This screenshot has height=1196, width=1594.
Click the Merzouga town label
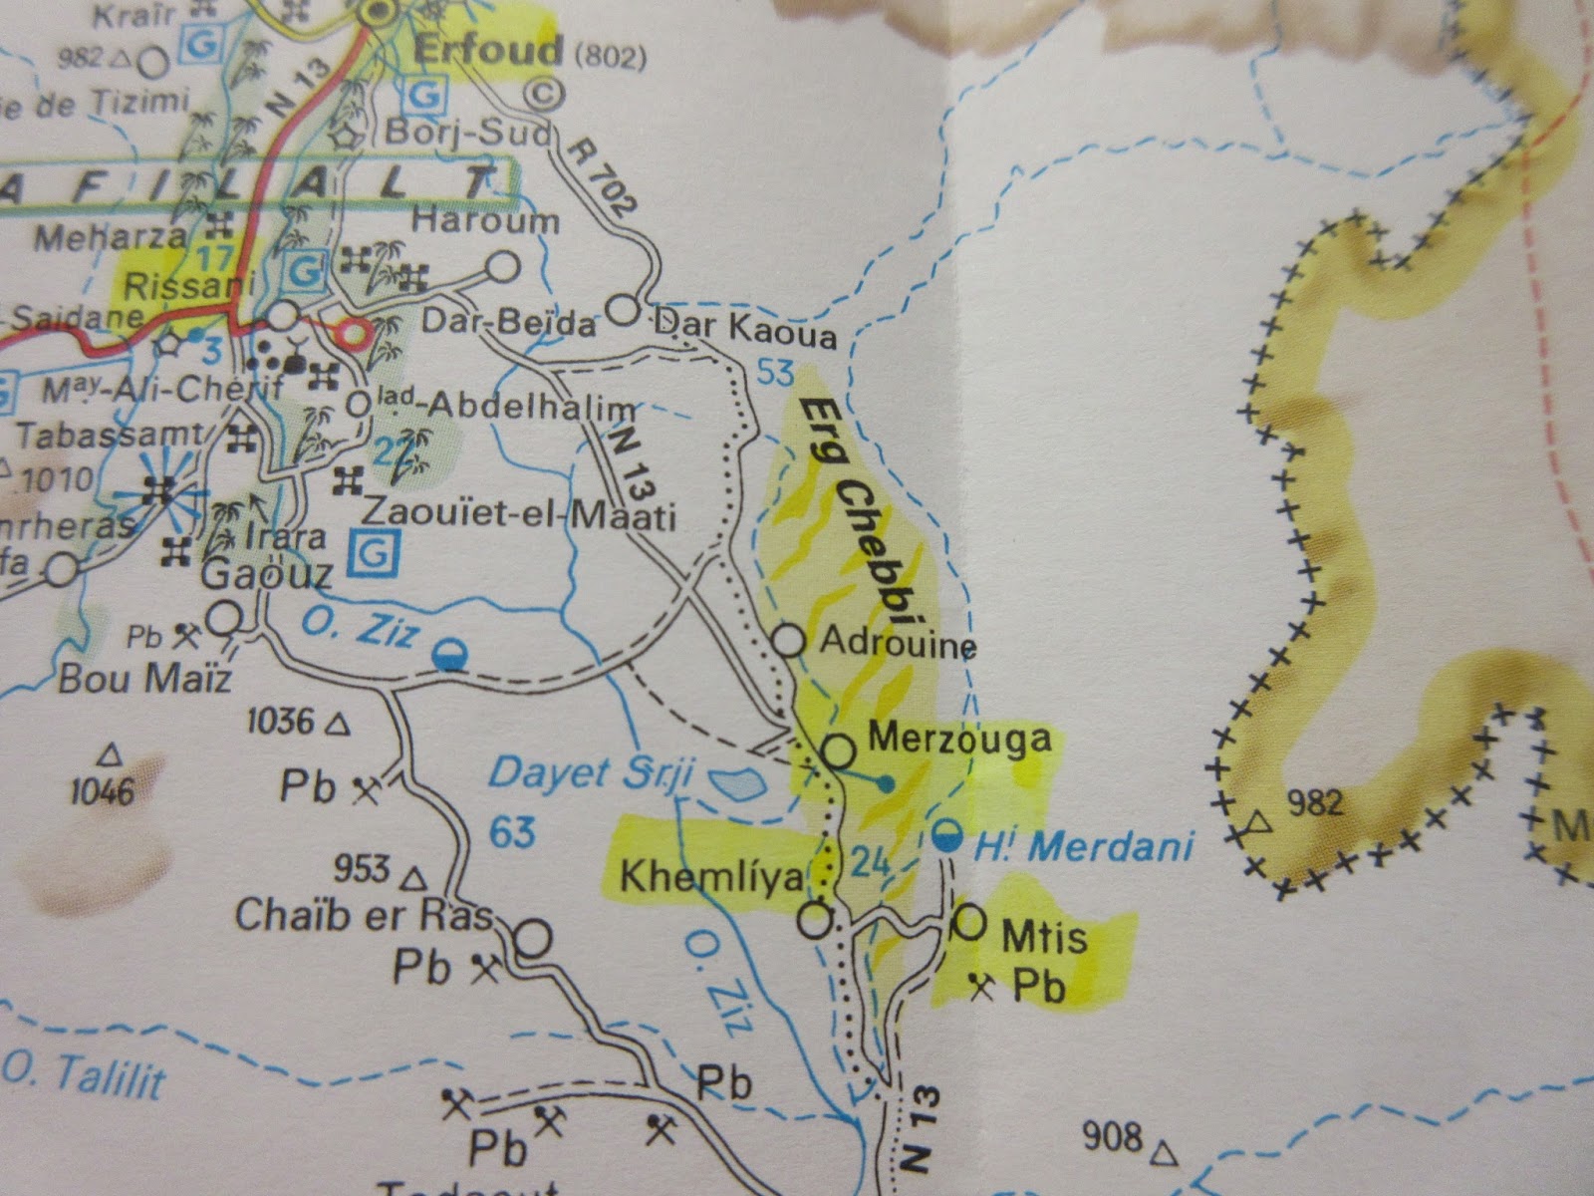pos(959,739)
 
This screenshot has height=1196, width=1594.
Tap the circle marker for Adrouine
pos(789,640)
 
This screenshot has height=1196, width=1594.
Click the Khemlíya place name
pos(710,877)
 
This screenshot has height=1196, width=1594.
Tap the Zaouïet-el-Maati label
pos(518,515)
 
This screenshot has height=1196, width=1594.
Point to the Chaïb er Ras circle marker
pos(534,938)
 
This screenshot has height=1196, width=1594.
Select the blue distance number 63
pos(512,831)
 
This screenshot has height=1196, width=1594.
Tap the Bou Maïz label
pos(144,680)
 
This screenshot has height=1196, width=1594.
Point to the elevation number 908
pos(1114,1137)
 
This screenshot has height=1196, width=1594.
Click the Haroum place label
pos(485,221)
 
